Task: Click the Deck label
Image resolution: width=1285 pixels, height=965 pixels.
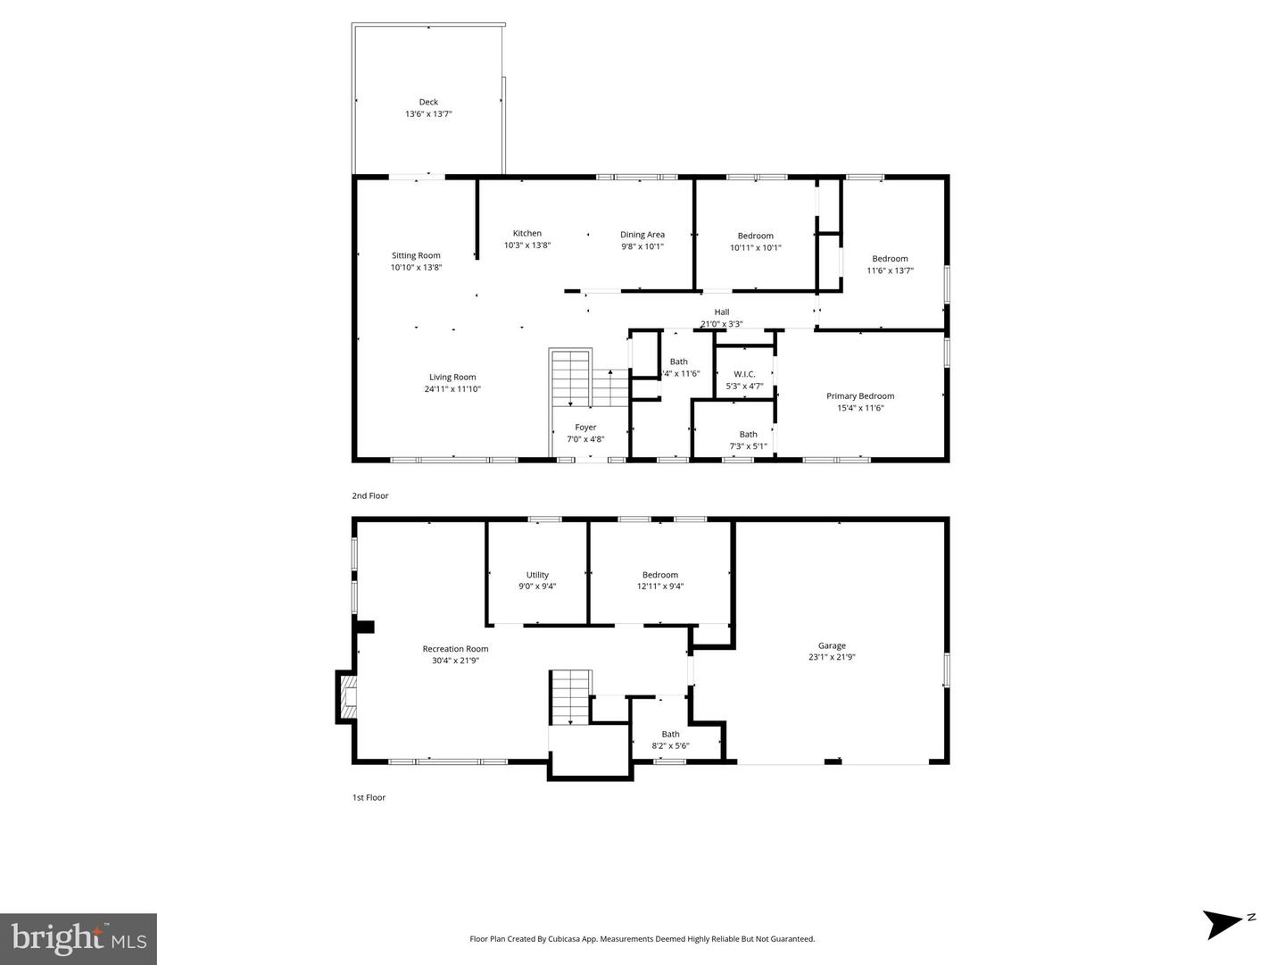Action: [x=428, y=102]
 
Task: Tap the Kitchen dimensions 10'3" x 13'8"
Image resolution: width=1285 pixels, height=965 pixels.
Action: [x=526, y=245]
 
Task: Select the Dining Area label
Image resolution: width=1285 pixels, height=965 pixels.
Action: [x=642, y=235]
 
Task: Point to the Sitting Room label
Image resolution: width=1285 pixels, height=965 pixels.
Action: [x=416, y=255]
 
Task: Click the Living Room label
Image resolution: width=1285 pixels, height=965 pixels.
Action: [x=452, y=377]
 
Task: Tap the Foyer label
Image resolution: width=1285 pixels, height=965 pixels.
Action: [x=585, y=427]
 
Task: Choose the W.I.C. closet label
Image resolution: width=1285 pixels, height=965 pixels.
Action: [x=744, y=374]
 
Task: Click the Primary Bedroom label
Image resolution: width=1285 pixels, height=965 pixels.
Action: [x=859, y=395]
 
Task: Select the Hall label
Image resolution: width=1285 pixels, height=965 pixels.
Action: [x=721, y=312]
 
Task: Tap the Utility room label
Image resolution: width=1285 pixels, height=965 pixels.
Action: [x=537, y=575]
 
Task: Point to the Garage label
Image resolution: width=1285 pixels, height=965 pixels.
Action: [x=832, y=645]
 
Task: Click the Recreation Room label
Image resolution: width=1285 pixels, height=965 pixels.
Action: [x=455, y=649]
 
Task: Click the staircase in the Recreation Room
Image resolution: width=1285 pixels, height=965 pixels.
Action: [x=570, y=696]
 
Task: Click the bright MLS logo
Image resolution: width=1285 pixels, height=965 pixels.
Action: [x=79, y=938]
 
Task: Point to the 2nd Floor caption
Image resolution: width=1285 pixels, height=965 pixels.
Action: [x=370, y=495]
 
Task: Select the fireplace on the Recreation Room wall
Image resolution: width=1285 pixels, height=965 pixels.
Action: [x=346, y=695]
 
